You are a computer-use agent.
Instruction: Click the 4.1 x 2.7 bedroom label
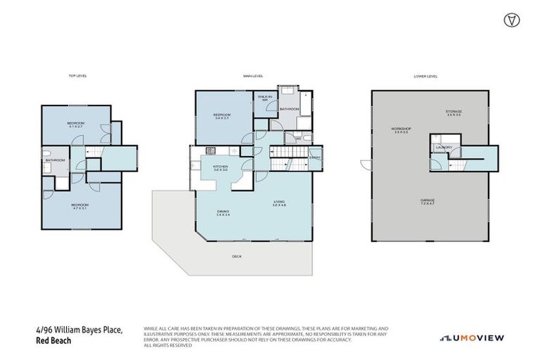76,125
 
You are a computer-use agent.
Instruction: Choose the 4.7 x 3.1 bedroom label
79,207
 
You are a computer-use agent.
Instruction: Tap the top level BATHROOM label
56,160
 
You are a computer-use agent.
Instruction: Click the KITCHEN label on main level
211,168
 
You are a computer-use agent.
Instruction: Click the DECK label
236,257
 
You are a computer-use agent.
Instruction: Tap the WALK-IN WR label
265,98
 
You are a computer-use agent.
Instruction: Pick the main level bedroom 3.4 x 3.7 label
222,116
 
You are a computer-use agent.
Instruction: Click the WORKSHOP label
401,130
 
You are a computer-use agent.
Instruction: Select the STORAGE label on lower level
454,112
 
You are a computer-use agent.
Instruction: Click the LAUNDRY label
442,147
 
